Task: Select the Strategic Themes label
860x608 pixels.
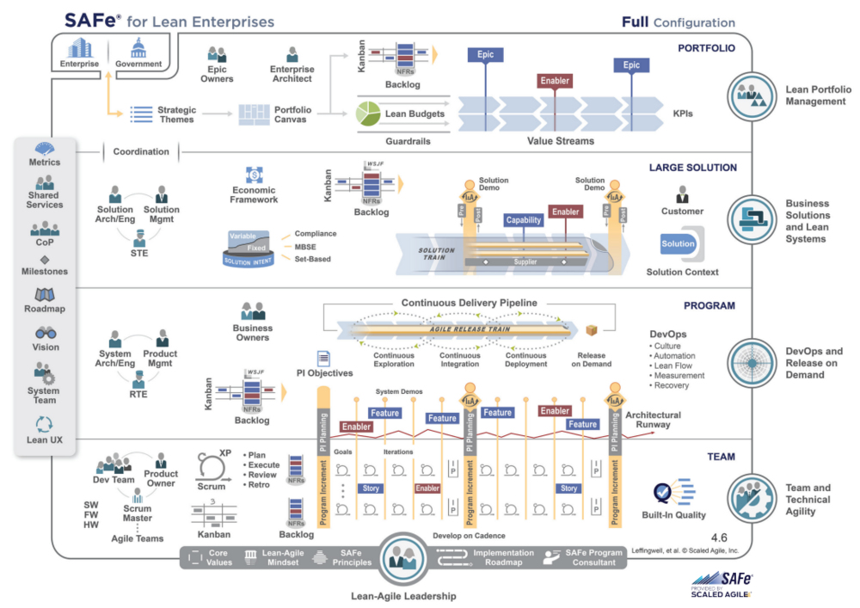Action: (x=176, y=114)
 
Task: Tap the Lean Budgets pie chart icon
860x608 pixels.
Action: (x=368, y=114)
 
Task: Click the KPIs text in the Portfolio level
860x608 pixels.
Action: (x=685, y=114)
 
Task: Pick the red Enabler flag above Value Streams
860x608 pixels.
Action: (x=555, y=81)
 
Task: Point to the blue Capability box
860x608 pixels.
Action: (x=524, y=219)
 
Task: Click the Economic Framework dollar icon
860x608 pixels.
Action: (x=254, y=175)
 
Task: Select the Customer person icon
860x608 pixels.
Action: (x=682, y=193)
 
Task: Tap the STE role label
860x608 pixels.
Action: (x=138, y=253)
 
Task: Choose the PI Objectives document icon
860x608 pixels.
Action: (x=322, y=359)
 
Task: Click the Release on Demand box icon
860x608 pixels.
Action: (x=591, y=330)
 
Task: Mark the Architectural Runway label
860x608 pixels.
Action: (x=653, y=420)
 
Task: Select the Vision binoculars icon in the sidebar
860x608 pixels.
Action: (x=45, y=333)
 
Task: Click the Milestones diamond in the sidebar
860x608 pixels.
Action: (x=45, y=259)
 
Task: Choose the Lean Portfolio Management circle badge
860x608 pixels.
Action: (x=752, y=95)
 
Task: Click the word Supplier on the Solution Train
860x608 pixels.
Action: (x=525, y=261)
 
